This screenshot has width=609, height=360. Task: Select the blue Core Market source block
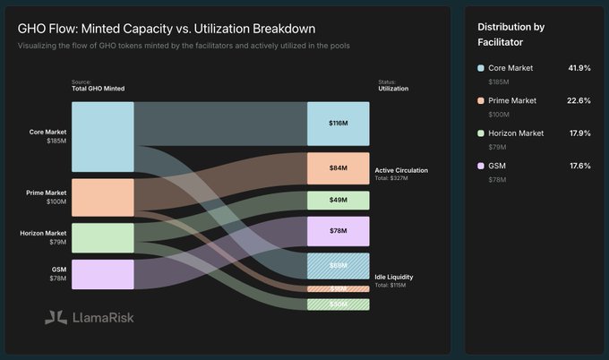103,136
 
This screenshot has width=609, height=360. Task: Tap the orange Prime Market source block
103,197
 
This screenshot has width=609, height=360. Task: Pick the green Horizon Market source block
103,237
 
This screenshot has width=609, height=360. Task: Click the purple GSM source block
103,274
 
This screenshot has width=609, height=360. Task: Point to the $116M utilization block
338,123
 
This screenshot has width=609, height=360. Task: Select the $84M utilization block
338,167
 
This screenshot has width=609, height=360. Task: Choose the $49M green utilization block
338,200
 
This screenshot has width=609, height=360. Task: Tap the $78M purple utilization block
338,231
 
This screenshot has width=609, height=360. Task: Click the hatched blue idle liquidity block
338,266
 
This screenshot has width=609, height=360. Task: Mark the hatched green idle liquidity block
338,304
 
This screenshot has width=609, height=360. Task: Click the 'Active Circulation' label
401,169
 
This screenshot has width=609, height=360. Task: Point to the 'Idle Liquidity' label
393,277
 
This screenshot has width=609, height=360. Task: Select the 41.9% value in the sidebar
579,68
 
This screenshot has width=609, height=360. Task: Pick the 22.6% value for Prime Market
579,100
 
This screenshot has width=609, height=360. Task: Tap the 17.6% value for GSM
579,165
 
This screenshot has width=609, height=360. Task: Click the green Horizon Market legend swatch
482,133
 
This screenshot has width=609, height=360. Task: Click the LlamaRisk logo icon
56,316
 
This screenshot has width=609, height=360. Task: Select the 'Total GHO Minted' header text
98,89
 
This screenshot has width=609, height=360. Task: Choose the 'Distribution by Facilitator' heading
512,34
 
